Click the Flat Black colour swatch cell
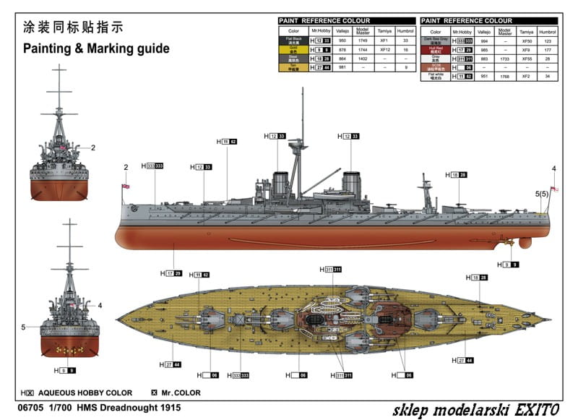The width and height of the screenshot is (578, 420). [x=293, y=41]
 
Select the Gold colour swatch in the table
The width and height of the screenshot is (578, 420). [x=293, y=50]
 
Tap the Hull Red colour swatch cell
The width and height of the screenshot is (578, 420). [x=436, y=50]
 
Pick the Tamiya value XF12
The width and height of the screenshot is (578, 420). [x=385, y=50]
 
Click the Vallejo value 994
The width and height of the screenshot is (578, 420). [x=483, y=41]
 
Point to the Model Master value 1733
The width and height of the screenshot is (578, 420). [x=505, y=59]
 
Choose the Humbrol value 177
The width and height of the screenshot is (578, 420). [x=548, y=50]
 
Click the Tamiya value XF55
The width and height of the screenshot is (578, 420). [x=527, y=59]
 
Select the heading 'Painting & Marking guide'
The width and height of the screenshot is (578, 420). [x=96, y=49]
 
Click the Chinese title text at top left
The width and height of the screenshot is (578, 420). [x=73, y=28]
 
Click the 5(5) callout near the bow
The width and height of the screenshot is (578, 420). [x=542, y=194]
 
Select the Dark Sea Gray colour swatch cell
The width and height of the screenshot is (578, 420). [x=436, y=41]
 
